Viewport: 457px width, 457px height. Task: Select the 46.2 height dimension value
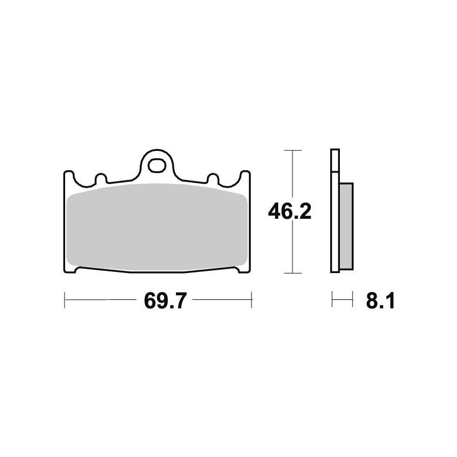[x=290, y=212]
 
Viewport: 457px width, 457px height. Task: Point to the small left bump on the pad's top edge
[x=99, y=179]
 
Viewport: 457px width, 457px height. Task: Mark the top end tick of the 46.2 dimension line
[x=292, y=151]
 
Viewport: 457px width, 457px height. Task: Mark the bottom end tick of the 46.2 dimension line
[x=292, y=273]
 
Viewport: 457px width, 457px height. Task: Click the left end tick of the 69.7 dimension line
[x=65, y=298]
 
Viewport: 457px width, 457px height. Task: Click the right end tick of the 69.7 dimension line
[x=251, y=298]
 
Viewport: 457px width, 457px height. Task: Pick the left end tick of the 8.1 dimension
[x=332, y=298]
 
